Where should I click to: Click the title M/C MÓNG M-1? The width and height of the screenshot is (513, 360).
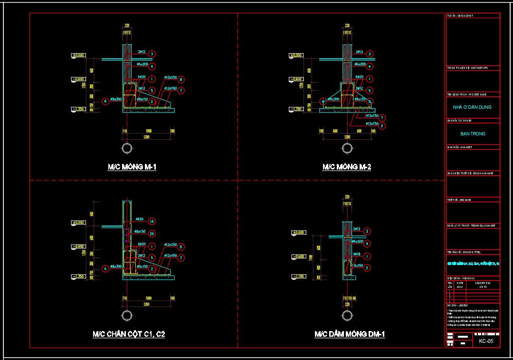[x=132, y=167]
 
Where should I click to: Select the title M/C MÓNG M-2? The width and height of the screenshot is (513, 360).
[x=347, y=167]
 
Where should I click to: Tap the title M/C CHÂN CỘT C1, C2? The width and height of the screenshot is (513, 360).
[x=129, y=334]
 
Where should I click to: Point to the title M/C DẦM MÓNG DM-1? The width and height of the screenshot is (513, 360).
[x=350, y=334]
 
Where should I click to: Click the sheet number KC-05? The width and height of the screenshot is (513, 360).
[x=486, y=341]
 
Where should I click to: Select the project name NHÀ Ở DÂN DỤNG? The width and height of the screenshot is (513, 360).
[x=473, y=107]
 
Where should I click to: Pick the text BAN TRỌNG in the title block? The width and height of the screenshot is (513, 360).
[x=473, y=134]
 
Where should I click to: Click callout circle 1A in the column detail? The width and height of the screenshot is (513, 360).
[x=152, y=221]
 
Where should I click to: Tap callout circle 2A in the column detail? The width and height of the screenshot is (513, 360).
[x=152, y=234]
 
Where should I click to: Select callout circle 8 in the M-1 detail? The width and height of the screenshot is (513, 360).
[x=181, y=79]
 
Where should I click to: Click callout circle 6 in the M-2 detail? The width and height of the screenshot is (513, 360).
[x=323, y=101]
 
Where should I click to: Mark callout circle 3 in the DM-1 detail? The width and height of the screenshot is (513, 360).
[x=367, y=231]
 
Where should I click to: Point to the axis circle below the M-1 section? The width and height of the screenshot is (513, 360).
[x=127, y=148]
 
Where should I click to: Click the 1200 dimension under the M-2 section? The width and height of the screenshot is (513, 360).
[x=347, y=137]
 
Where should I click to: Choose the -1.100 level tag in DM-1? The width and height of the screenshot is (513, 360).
[x=298, y=276]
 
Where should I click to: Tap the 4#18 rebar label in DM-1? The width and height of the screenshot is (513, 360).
[x=356, y=254]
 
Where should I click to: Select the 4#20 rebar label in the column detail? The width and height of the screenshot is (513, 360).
[x=139, y=219]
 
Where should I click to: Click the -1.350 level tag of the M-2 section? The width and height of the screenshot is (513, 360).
[x=297, y=109]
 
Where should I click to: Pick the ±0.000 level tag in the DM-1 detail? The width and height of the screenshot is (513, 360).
[x=298, y=233]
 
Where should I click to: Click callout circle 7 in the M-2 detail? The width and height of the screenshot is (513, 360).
[x=382, y=118]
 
